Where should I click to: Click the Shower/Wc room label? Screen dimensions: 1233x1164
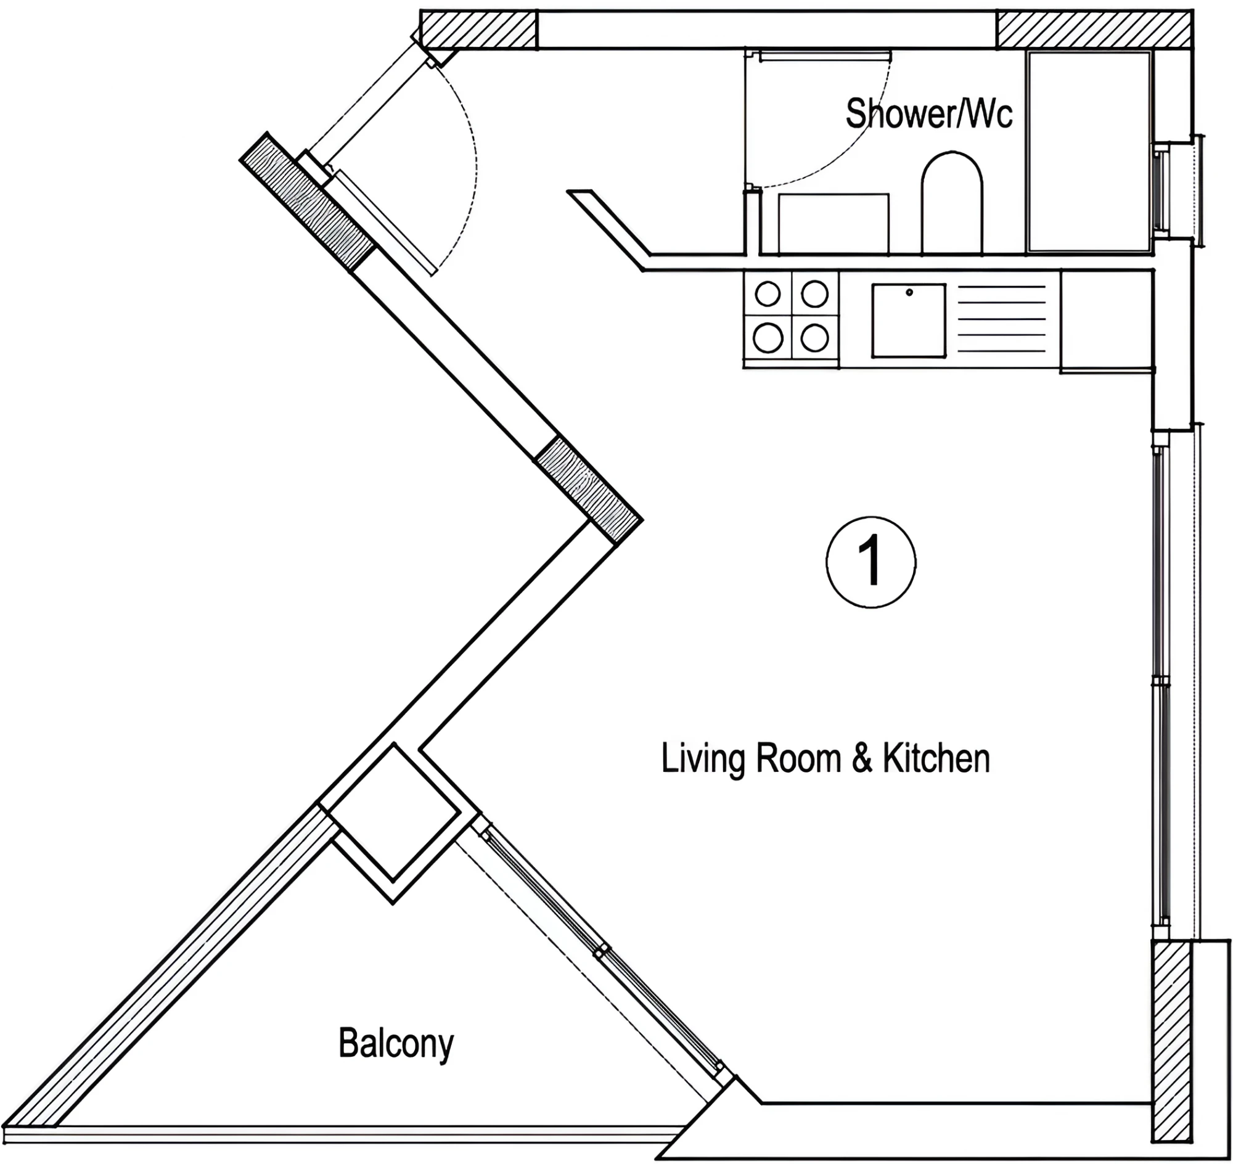[x=929, y=114]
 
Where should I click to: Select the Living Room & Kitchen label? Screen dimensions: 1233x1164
[x=825, y=758]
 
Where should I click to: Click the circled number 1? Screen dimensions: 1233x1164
[x=871, y=562]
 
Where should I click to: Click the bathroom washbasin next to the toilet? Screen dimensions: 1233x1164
[x=834, y=223]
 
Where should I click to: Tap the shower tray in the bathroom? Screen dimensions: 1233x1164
[x=1089, y=152]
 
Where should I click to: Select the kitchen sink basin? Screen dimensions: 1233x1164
[x=909, y=321]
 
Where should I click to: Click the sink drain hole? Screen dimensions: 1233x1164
[x=909, y=292]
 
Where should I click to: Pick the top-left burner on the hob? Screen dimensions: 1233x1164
[x=768, y=294]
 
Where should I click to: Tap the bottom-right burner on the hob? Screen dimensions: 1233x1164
[x=815, y=338]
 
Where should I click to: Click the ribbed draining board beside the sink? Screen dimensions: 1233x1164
[x=1001, y=320]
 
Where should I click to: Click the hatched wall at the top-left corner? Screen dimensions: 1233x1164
[x=478, y=29]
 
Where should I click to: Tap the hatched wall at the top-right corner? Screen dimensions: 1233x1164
[x=1094, y=29]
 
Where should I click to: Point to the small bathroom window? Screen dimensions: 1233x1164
[x=1161, y=190]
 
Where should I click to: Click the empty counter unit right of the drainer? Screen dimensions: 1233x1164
[x=1107, y=320]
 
